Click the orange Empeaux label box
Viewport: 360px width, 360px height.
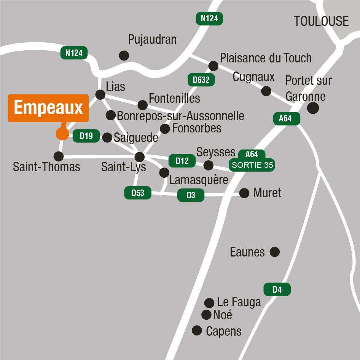[48, 108]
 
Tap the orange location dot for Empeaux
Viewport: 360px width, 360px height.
[62, 133]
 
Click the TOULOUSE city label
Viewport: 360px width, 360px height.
[321, 21]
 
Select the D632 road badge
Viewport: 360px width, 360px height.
[201, 80]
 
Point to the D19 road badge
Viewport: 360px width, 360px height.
[86, 136]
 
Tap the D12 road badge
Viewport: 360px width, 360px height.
[182, 161]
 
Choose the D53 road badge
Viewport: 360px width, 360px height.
[138, 193]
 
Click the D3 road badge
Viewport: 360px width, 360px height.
[191, 196]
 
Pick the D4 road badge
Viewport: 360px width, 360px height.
[277, 290]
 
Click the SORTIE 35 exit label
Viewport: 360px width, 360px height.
[252, 166]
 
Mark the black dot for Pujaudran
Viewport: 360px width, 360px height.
[124, 56]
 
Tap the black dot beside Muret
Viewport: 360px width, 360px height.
[244, 193]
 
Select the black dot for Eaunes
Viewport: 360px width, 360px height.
[274, 252]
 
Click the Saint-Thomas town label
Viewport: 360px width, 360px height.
[46, 167]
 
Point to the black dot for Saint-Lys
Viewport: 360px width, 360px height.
[140, 157]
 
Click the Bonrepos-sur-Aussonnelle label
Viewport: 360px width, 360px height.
[180, 115]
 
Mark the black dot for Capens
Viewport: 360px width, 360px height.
[197, 330]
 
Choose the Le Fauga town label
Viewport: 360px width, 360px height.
[239, 302]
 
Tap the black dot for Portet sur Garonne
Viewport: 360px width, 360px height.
[313, 108]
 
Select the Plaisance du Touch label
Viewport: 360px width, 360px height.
[266, 58]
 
